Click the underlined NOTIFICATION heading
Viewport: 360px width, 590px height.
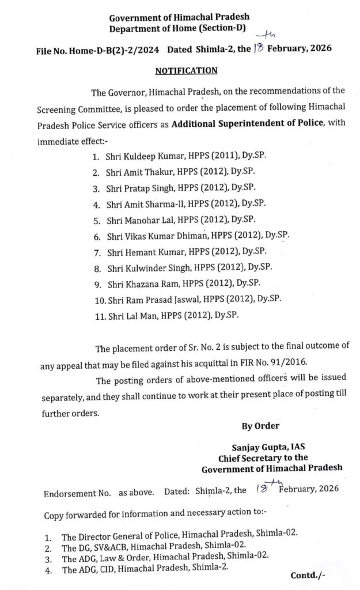pyautogui.click(x=185, y=71)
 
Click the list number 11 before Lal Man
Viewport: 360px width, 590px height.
pyautogui.click(x=97, y=315)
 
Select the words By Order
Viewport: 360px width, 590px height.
pyautogui.click(x=260, y=426)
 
